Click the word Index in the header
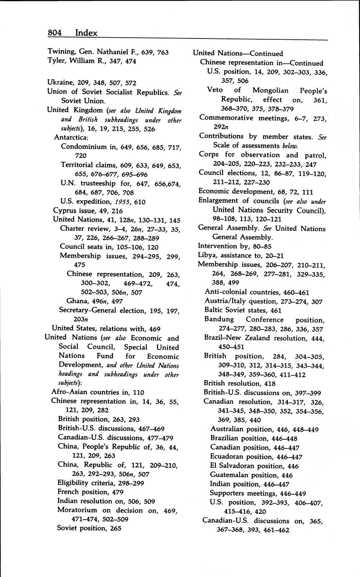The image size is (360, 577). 86,33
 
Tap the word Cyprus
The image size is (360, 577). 64,211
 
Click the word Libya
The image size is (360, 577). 208,255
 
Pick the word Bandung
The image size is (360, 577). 219,319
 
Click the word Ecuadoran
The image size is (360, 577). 229,457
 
